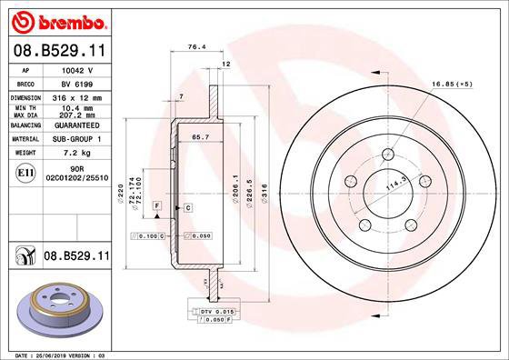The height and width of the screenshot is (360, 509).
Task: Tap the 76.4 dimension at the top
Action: point(194,45)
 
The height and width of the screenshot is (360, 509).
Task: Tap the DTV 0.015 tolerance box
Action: point(213,312)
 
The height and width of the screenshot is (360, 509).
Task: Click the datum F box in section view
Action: point(157,208)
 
